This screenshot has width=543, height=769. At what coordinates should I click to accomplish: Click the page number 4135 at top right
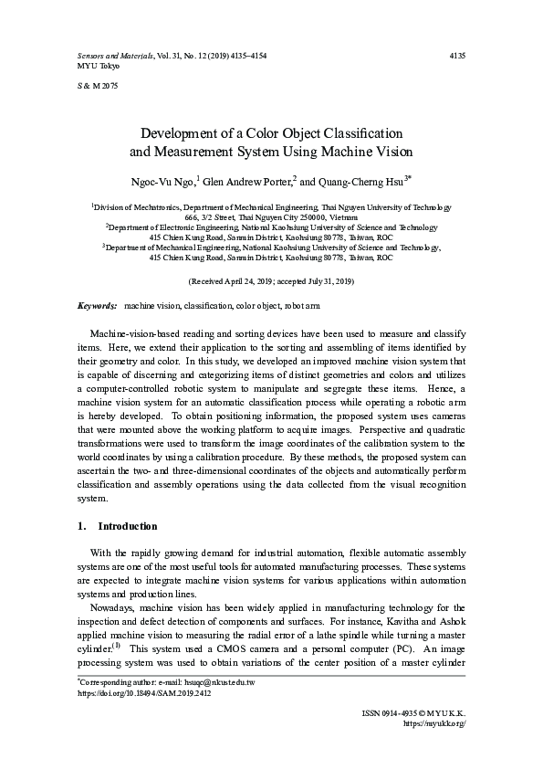pyautogui.click(x=458, y=56)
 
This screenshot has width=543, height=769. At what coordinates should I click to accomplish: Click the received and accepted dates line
pyautogui.click(x=271, y=281)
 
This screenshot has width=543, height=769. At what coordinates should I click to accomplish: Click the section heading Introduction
pyautogui.click(x=127, y=527)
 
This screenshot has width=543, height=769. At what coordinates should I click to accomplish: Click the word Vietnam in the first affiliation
pyautogui.click(x=338, y=218)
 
